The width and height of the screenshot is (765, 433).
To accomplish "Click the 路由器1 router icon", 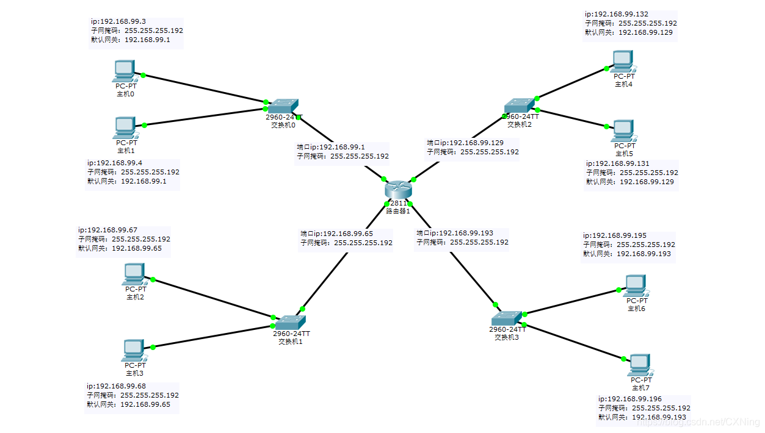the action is pyautogui.click(x=398, y=190).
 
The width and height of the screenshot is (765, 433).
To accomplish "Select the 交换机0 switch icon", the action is pyautogui.click(x=283, y=106).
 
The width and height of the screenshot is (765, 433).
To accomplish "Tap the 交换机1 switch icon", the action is pyautogui.click(x=290, y=323).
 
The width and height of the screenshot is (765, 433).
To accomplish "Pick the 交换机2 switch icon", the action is pyautogui.click(x=519, y=106).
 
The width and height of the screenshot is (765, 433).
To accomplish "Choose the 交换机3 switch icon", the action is pyautogui.click(x=507, y=318).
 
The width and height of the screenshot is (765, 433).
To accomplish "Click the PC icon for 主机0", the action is pyautogui.click(x=125, y=71).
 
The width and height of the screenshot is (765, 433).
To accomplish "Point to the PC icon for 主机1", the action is pyautogui.click(x=125, y=128).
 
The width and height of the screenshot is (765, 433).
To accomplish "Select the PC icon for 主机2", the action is pyautogui.click(x=134, y=274).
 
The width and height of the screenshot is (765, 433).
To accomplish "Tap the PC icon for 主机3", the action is pyautogui.click(x=134, y=351).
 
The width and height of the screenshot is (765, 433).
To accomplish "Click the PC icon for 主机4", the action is pyautogui.click(x=623, y=62).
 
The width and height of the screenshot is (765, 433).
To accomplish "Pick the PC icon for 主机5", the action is pyautogui.click(x=623, y=131).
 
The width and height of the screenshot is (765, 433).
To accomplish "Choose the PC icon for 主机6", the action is pyautogui.click(x=636, y=286).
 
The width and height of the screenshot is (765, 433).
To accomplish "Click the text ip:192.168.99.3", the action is pyautogui.click(x=118, y=21).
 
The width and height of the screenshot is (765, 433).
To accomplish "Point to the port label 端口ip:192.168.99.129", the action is pyautogui.click(x=465, y=143).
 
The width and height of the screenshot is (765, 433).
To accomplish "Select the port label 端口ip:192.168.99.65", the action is pyautogui.click(x=337, y=234).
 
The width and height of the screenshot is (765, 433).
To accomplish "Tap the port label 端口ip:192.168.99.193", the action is pyautogui.click(x=455, y=233).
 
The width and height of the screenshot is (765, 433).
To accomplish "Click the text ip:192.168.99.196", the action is pyautogui.click(x=630, y=399).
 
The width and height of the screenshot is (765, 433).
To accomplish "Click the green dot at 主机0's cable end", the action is pyautogui.click(x=143, y=75).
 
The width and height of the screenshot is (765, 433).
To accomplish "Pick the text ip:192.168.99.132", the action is pyautogui.click(x=617, y=14).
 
